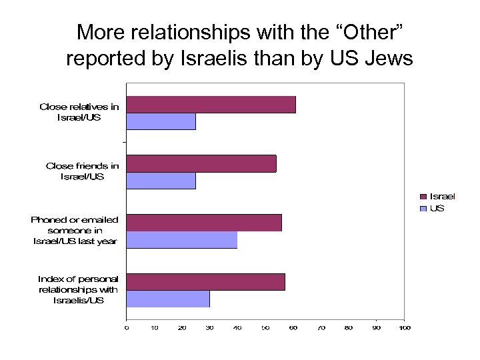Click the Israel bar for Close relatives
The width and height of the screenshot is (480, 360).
[211, 105]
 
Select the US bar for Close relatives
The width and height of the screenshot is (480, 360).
[161, 121]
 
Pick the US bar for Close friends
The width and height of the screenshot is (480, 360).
[161, 181]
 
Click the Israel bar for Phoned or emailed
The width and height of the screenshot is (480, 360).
[204, 223]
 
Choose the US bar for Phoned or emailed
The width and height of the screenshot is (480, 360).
[182, 239]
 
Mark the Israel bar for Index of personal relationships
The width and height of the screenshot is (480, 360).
[205, 282]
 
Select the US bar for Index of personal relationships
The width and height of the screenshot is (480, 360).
[168, 299]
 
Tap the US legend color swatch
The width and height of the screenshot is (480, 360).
[423, 209]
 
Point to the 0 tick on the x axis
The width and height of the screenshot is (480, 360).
[127, 327]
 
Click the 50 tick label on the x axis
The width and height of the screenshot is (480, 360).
[265, 327]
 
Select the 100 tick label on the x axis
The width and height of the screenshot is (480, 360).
[403, 327]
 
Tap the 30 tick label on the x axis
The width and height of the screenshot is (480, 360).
[209, 327]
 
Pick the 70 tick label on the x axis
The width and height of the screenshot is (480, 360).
[321, 327]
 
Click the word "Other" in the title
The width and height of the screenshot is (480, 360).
[367, 32]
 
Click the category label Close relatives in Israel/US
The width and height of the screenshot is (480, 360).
[79, 111]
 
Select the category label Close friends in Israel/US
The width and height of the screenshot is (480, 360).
[82, 171]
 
